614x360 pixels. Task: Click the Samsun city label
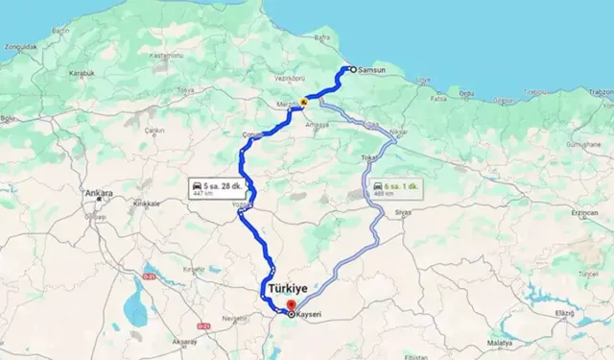[x=370, y=70]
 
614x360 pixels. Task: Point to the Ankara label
[x=99, y=194]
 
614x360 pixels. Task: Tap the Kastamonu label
[x=167, y=56]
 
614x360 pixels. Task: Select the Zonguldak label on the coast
[x=20, y=46]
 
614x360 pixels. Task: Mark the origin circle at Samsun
[x=352, y=69]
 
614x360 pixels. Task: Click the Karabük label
[x=82, y=73]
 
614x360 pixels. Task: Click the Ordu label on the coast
[x=467, y=94]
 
